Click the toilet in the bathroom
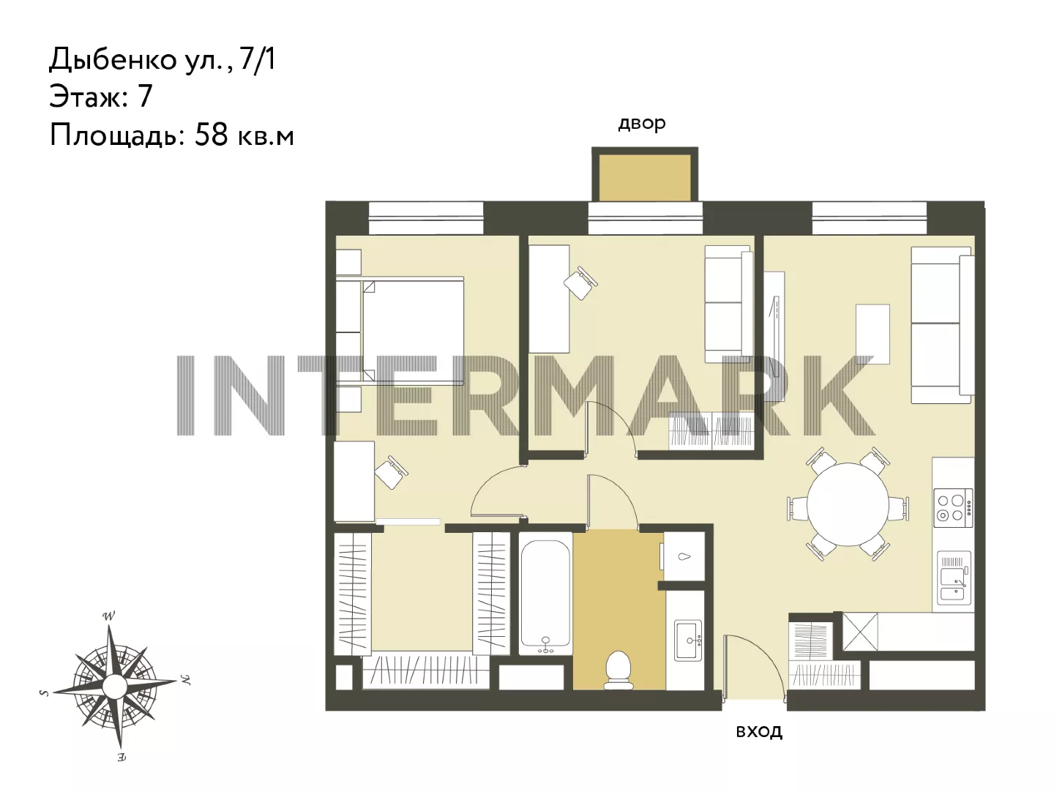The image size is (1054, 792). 618,669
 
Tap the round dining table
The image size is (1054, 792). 848,504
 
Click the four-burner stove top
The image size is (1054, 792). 953,508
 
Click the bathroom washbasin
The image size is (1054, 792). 688,640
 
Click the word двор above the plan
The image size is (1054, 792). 641,124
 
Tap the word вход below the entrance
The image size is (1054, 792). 759,731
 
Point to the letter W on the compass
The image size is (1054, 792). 109,616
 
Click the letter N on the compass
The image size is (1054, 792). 185,679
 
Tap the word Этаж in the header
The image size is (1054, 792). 86,97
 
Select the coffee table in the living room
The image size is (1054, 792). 872,334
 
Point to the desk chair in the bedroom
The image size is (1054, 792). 391,472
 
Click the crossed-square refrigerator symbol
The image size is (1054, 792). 861,632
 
